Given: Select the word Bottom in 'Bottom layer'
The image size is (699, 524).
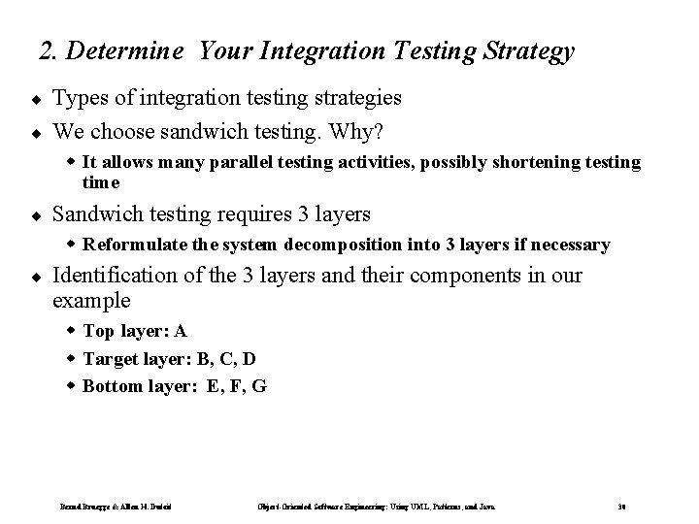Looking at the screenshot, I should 111,386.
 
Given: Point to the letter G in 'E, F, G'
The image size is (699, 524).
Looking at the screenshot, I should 259,386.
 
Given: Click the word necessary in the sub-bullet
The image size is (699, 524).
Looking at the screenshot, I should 571,246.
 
